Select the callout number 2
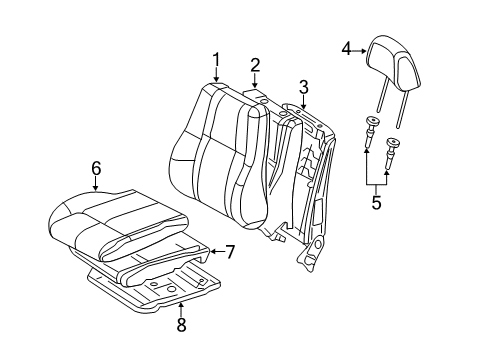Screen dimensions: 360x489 pos(255,66)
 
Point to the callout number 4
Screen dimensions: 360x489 pos(347,46)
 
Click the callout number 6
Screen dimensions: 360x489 pos(96,169)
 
